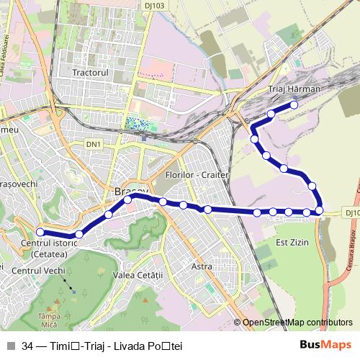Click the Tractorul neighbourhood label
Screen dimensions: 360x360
click(90, 73)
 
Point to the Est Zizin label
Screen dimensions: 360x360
click(292, 243)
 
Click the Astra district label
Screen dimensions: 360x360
click(202, 266)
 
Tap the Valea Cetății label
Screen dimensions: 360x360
click(139, 275)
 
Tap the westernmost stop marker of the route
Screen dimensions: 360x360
click(40, 232)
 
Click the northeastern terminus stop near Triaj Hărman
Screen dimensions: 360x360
click(294, 105)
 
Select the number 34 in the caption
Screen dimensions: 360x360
click(27, 346)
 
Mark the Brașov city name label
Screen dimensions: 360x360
click(130, 192)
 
